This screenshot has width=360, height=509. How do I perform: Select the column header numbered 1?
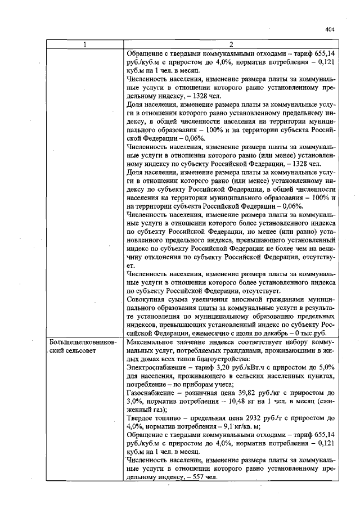pyautogui.click(x=85, y=45)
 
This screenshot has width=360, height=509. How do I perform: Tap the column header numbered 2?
pyautogui.click(x=231, y=45)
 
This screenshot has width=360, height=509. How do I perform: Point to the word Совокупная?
pyautogui.click(x=148, y=299)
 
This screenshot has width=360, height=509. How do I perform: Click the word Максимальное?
pyautogui.click(x=152, y=341)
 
